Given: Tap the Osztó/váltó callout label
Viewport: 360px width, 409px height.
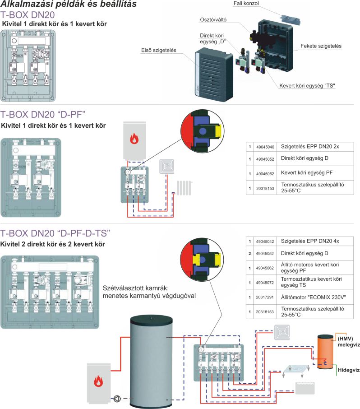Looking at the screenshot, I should coord(214,20).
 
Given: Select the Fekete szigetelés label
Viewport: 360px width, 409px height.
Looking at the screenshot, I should coord(321,46).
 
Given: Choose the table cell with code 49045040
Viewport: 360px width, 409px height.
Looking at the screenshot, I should coord(264,147).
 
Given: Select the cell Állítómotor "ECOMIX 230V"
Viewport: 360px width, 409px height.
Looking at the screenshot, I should coord(310,298).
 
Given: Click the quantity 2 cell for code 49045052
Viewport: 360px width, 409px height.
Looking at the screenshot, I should coord(249,254).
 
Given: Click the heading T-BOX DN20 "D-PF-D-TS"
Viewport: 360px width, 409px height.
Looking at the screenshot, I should coord(55,233).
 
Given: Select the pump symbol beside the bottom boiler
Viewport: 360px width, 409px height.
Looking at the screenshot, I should coord(118,399).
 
